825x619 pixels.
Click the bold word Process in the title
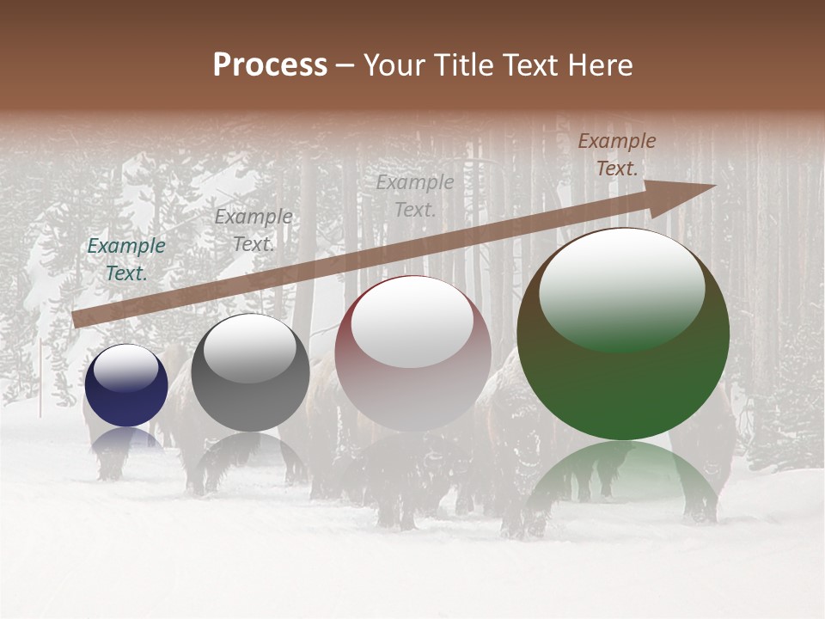[x=270, y=64]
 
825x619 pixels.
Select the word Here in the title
[x=599, y=64]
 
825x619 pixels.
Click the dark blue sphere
[x=126, y=385]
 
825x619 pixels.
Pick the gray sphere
[x=250, y=372]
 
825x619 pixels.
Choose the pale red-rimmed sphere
[x=412, y=353]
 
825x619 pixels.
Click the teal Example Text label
[x=126, y=259]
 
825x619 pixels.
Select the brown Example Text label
[x=616, y=155]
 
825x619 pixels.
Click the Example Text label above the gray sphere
[x=253, y=230]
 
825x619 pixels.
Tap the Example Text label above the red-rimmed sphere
[x=415, y=195]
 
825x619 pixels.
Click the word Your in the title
[x=394, y=64]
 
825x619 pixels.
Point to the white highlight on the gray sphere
[x=250, y=347]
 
